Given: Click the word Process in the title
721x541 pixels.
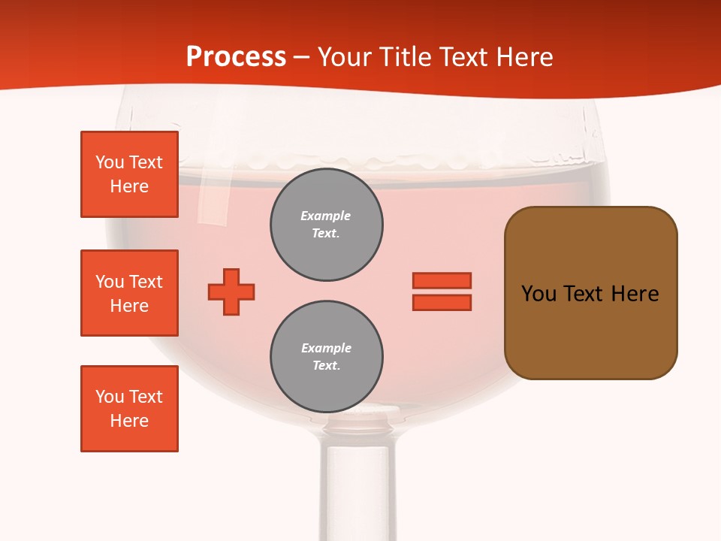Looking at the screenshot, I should (236, 57).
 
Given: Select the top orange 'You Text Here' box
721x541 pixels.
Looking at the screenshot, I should (129, 174).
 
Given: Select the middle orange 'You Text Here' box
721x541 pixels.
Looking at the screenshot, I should (129, 293).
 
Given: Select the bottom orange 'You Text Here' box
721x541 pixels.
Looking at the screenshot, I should (129, 409).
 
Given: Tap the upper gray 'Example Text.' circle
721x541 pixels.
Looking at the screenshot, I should (326, 225).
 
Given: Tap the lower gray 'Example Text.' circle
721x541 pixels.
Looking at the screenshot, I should (326, 357).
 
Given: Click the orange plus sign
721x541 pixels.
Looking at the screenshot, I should (231, 292).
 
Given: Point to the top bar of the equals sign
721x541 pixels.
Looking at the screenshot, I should (442, 280).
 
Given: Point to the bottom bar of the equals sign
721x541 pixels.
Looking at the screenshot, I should (442, 303).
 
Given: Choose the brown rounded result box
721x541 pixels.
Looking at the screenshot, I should (590, 293).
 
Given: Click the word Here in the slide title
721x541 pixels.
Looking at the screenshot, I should (523, 57).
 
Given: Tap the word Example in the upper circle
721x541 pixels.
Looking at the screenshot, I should (326, 216).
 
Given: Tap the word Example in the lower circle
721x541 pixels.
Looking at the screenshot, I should (326, 349).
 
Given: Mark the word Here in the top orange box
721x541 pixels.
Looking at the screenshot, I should (129, 187).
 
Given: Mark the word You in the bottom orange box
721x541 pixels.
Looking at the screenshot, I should (109, 397).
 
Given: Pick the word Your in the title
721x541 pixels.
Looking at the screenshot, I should (344, 57).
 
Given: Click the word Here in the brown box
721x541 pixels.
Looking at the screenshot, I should (635, 294).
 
